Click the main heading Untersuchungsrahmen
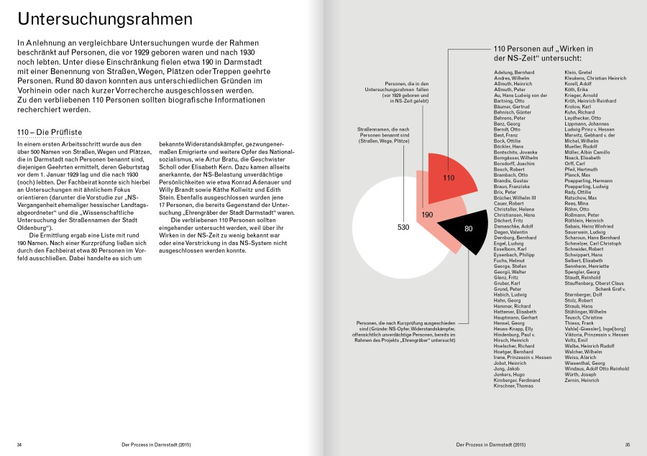pyautogui.click(x=105, y=19)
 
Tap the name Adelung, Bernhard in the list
pyautogui.click(x=514, y=74)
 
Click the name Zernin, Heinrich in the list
pyautogui.click(x=582, y=380)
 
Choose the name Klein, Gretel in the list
pyautogui.click(x=578, y=74)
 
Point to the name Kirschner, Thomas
pyautogui.click(x=513, y=386)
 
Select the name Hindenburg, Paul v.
pyautogui.click(x=515, y=335)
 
